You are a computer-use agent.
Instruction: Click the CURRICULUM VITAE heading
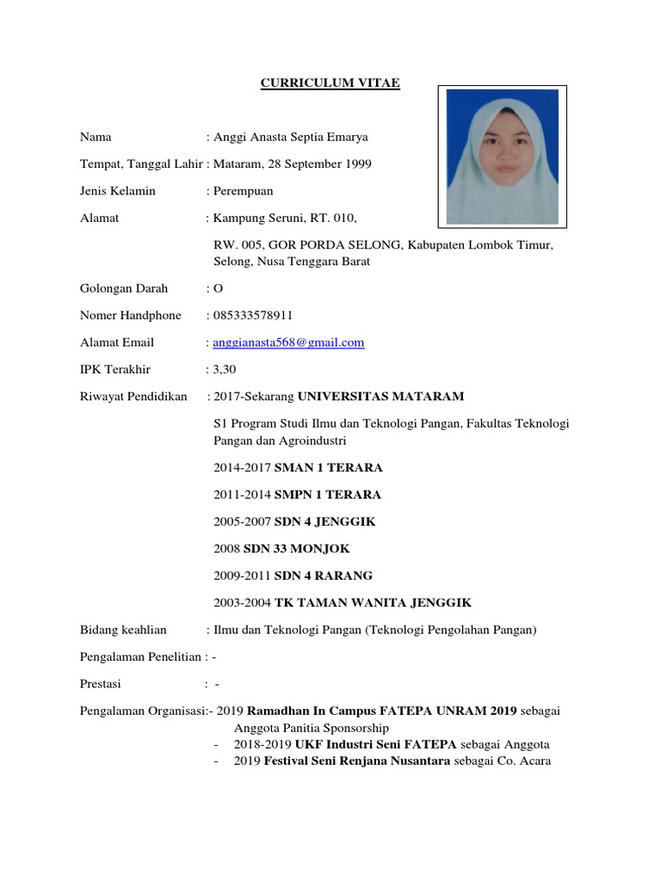pos(331,83)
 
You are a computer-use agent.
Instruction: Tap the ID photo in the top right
pos(502,155)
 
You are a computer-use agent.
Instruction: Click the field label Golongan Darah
pos(124,289)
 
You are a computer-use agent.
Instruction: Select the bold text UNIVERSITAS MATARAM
pos(380,397)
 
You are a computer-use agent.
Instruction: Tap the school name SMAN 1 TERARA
pos(328,468)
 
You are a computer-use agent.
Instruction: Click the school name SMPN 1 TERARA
pos(327,495)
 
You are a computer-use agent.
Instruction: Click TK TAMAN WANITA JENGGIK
pos(373,602)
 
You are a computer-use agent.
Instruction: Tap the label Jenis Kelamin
pos(118,191)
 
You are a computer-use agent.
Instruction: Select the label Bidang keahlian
pos(123,630)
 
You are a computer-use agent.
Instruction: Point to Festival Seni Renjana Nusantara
pos(356,761)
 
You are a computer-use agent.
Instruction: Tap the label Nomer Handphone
pos(131,316)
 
